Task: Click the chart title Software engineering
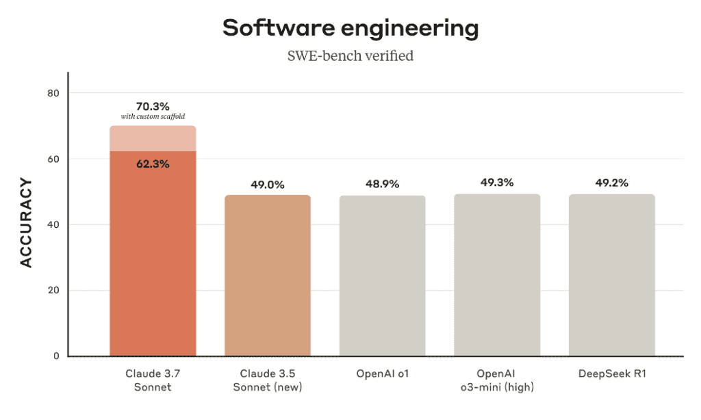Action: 350,28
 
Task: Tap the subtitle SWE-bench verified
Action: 350,56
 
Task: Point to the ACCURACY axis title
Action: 26,223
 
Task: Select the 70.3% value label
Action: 153,106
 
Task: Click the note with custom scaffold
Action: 153,117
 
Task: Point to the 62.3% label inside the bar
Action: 153,164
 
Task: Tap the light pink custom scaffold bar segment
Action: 153,139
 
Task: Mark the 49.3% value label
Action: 496,183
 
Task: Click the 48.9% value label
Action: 382,185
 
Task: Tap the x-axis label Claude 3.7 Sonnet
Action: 153,381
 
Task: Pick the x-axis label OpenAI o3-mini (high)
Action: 496,381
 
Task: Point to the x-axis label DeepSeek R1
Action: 611,374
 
